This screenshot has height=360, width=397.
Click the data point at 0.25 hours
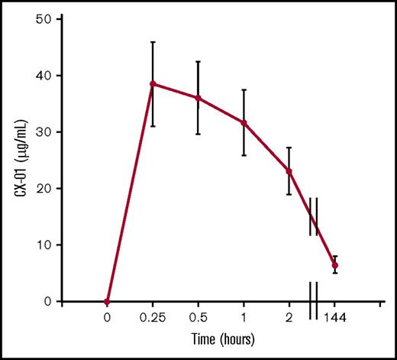153,84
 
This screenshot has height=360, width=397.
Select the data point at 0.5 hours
198,98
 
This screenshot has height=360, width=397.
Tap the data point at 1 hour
244,122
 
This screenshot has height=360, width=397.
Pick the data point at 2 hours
289,171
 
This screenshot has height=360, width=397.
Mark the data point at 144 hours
334,265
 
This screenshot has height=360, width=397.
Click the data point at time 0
107,301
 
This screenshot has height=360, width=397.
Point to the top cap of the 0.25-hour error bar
153,42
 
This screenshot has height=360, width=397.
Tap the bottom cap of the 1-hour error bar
244,155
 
